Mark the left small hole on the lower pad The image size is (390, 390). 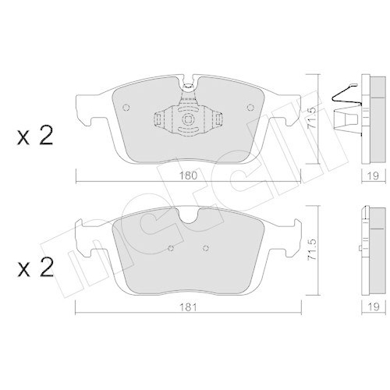click(x=171, y=250)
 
